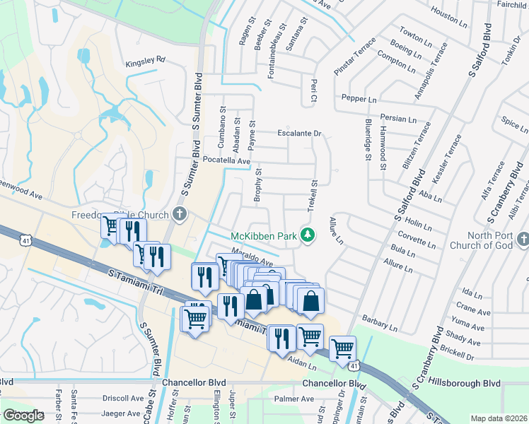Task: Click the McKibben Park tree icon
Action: click(307, 234)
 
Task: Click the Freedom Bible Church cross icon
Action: click(180, 214)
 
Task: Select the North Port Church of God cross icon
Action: click(522, 241)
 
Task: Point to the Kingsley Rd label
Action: click(144, 60)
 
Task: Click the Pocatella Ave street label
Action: click(227, 161)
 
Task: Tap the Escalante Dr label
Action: click(299, 133)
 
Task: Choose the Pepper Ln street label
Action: click(359, 98)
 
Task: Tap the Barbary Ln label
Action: click(379, 323)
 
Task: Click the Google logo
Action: click(23, 416)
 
